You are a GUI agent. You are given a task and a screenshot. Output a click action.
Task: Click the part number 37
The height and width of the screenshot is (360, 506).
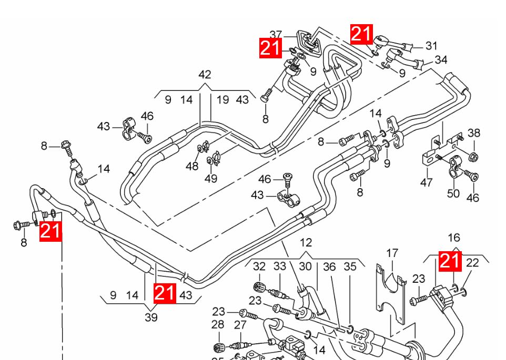pos(276,35)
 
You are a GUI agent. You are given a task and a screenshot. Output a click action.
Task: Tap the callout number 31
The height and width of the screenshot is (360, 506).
pos(431,46)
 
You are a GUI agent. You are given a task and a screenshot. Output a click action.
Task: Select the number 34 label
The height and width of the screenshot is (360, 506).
pos(441,60)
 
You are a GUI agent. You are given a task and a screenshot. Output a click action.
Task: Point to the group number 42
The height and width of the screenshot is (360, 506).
pos(205,75)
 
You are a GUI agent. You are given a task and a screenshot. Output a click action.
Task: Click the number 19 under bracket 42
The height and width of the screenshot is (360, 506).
pos(222,100)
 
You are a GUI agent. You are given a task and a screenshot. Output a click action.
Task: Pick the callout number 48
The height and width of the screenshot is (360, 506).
pos(192,166)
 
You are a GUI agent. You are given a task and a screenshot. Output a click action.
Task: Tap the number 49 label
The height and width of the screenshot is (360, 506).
pos(211,178)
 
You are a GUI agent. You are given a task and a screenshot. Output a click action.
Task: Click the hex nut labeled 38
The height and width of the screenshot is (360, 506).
pos(473,157)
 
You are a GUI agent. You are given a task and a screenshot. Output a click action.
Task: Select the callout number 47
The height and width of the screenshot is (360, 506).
pos(426,183)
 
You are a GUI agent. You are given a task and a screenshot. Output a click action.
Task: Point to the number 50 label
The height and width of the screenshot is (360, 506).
pos(453,194)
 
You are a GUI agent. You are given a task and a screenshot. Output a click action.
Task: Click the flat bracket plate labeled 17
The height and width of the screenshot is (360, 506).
pos(391,293)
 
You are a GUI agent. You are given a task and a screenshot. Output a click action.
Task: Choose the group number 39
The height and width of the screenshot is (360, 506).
pos(151,317)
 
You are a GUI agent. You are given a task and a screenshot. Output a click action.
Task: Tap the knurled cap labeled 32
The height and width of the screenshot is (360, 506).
pos(260,286)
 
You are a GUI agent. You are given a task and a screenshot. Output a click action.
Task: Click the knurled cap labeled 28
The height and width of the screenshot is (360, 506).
pos(219,347)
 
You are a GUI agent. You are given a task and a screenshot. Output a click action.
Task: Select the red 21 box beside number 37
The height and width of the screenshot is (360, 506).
pos(270,48)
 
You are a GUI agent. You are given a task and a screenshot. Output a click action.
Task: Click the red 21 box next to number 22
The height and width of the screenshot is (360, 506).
pos(450,261)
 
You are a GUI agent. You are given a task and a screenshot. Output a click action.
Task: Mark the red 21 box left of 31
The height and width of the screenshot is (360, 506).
pos(362,34)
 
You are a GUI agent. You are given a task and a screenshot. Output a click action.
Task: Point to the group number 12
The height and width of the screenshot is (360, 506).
pos(306,242)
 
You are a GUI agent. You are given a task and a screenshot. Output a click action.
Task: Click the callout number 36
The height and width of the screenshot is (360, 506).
pos(329,267)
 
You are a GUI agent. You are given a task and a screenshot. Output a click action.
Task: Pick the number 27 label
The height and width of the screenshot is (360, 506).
pos(240,325)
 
